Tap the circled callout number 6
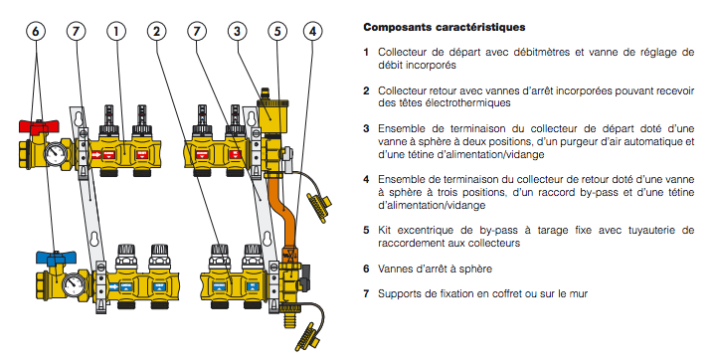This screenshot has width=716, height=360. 36,32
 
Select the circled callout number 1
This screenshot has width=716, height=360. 116,32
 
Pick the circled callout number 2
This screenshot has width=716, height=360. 157,32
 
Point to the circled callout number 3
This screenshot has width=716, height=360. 237,32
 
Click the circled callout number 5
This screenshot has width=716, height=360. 277,32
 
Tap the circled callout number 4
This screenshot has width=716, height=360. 313,32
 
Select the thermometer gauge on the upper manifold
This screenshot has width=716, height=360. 56,153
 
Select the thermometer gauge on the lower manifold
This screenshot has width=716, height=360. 73,284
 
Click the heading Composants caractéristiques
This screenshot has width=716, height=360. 445,27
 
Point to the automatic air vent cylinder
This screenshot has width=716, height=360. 270,115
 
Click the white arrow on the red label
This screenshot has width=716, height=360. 95,155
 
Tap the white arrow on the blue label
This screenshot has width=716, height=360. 113,286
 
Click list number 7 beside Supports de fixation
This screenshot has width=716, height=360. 366,293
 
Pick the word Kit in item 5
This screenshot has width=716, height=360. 385,231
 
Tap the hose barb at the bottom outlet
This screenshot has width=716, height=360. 288,319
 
